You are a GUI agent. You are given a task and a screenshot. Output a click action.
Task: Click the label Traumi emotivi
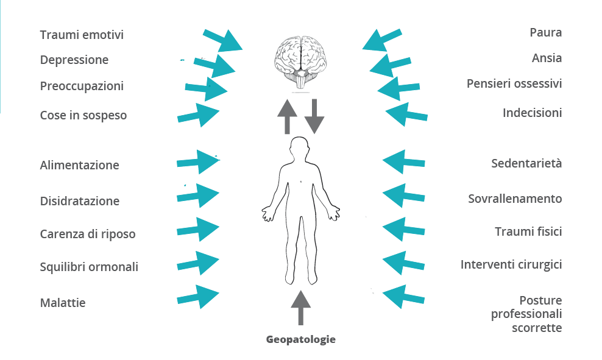pyautogui.click(x=82, y=35)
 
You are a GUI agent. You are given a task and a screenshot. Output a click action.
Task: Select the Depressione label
pyautogui.click(x=74, y=60)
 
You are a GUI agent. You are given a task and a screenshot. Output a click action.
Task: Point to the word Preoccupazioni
pyautogui.click(x=82, y=86)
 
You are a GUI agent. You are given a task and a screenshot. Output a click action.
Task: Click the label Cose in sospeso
pyautogui.click(x=83, y=115)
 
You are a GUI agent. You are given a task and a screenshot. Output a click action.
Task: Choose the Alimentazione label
pyautogui.click(x=80, y=165)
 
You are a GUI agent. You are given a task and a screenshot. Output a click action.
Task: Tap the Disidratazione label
pyautogui.click(x=80, y=201)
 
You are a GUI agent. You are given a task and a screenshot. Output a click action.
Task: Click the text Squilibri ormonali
pyautogui.click(x=89, y=267)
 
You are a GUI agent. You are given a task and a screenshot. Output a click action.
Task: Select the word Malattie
pyautogui.click(x=63, y=303)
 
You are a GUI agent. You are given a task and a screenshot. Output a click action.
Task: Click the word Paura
pyautogui.click(x=545, y=32)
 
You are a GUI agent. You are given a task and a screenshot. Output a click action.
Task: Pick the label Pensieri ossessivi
pyautogui.click(x=514, y=83)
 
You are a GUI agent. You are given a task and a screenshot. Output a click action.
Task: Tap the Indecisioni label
pyautogui.click(x=532, y=113)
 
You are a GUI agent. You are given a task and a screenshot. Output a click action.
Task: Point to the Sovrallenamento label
pyautogui.click(x=515, y=199)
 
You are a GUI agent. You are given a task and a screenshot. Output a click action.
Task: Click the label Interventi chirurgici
pyautogui.click(x=511, y=264)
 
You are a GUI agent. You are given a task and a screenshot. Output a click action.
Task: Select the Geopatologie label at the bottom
pyautogui.click(x=301, y=339)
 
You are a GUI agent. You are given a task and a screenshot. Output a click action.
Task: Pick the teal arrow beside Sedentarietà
pyautogui.click(x=403, y=161)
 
